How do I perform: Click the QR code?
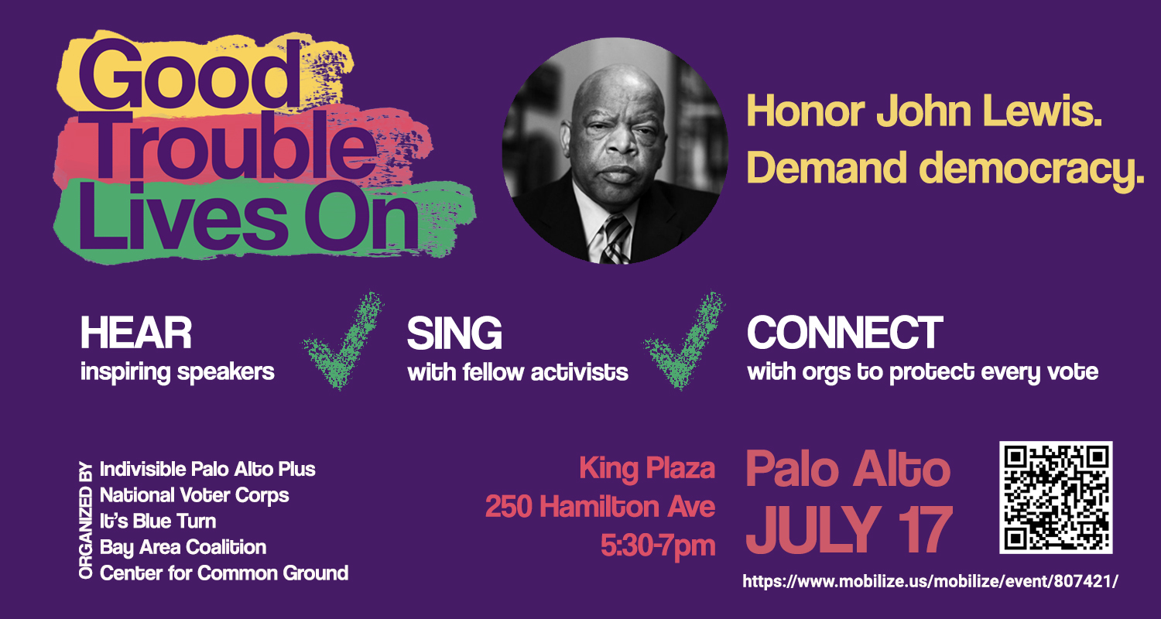[1056, 498]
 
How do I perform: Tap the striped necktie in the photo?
[616, 239]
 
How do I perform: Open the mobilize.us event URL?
[930, 581]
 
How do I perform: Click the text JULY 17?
[849, 529]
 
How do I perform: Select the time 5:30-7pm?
[658, 546]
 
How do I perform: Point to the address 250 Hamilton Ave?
[600, 506]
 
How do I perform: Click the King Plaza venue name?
[647, 469]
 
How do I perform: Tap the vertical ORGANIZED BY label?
[85, 520]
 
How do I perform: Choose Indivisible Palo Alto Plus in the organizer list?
[207, 470]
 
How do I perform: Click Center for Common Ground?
[224, 573]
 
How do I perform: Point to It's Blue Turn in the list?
[158, 521]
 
